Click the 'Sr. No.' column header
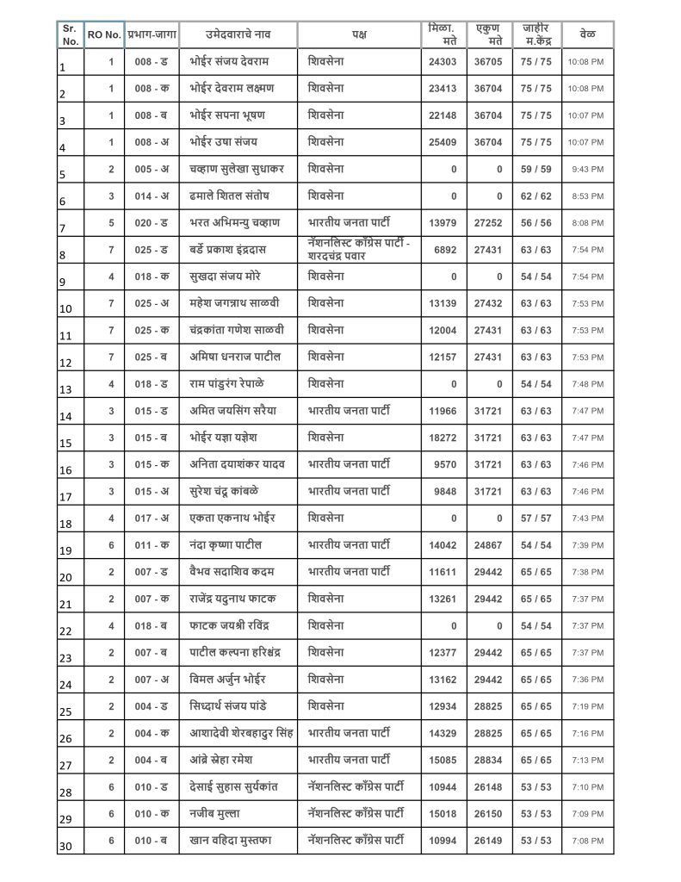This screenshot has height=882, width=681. (x=71, y=34)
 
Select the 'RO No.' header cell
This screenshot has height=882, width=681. (x=104, y=35)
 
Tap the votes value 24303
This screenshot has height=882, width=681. (x=442, y=62)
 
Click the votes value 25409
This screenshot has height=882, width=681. (x=442, y=142)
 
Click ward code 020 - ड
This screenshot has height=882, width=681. (x=152, y=223)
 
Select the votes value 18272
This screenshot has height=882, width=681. (x=442, y=438)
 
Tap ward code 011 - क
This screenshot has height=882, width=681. (x=152, y=545)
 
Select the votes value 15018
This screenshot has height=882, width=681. (x=442, y=813)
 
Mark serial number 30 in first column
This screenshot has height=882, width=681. (x=66, y=847)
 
